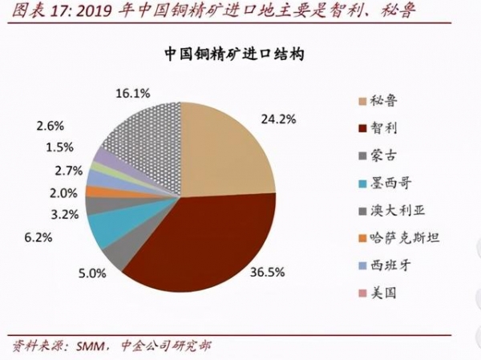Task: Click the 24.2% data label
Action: [279, 119]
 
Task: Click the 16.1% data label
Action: [133, 93]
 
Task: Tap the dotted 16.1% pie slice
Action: [144, 128]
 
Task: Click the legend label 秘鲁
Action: [386, 101]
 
